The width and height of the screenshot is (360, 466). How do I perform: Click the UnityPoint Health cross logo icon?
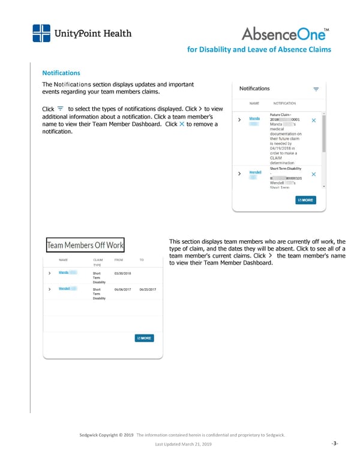click(41, 34)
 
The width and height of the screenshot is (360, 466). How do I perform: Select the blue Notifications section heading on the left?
click(61, 72)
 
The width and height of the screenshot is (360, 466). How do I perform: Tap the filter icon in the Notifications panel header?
click(316, 89)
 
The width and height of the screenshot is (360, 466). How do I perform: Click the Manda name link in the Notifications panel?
click(254, 118)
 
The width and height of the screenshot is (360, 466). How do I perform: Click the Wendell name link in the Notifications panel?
click(255, 173)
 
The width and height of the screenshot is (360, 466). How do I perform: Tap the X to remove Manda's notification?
click(314, 121)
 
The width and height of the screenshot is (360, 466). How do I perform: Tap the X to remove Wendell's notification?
click(314, 174)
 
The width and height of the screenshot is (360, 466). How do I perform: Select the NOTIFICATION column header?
click(284, 103)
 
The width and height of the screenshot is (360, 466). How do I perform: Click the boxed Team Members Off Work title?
click(85, 245)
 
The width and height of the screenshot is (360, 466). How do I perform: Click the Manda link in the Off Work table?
click(64, 273)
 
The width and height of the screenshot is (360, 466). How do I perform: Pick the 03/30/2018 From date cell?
click(122, 273)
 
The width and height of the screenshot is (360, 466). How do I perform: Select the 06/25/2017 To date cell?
click(148, 289)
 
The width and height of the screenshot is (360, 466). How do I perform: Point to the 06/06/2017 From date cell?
click(122, 289)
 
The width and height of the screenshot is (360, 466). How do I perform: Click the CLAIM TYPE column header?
click(98, 262)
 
